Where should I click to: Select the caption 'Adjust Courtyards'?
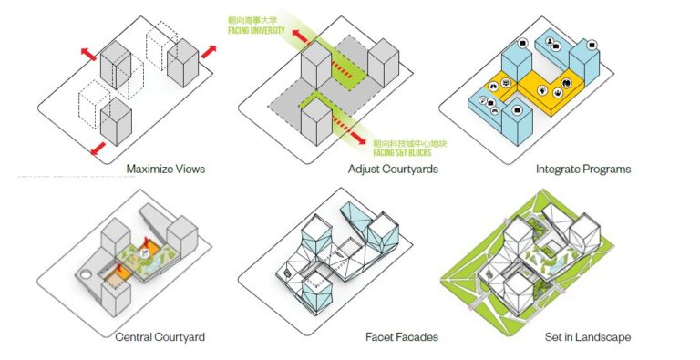395,170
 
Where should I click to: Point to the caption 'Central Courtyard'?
160,337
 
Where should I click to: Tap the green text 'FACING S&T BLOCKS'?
407,152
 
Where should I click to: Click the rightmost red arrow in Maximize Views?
209,52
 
